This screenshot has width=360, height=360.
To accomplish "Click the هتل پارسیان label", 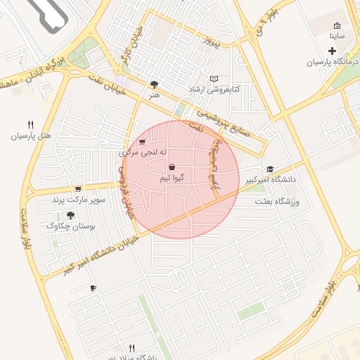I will coord(31,136).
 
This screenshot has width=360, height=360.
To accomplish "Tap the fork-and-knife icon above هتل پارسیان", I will coord(30,124).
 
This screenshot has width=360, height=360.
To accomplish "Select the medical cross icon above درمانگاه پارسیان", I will coord(332,51).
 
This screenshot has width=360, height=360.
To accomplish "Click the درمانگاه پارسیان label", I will coord(332,63).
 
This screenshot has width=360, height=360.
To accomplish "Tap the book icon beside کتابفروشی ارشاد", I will coord(214,79).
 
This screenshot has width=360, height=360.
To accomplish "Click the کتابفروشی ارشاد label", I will coord(214,90).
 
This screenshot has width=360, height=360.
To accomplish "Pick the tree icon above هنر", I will coord(155,84).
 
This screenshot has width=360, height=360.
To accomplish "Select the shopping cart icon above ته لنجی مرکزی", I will coord(143,141).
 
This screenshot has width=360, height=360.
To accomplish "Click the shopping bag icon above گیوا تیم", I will coord(172,167).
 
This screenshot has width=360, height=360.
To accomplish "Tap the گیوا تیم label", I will coord(172,179).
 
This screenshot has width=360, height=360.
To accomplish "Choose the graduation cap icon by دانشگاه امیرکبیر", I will coord(270,169).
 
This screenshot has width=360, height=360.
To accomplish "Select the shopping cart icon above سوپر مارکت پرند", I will coord(77,188).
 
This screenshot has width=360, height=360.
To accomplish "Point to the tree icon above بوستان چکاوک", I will coord(70,214).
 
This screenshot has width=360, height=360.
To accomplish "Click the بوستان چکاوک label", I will coord(70,226).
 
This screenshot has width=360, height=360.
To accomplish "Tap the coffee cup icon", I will coord(93,288).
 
